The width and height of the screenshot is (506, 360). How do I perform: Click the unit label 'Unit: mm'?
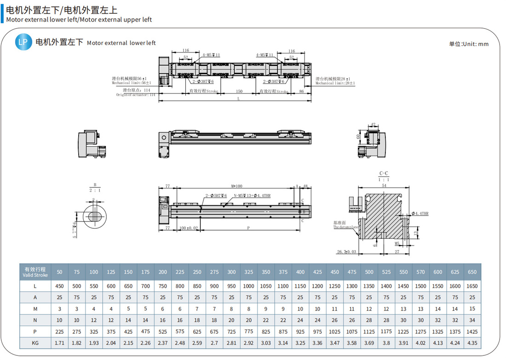coord(469,44)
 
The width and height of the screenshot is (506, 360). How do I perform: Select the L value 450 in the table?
coord(59,286)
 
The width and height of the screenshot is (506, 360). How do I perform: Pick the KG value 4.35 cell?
coord(472,343)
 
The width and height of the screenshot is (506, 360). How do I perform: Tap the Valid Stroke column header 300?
coord(231,272)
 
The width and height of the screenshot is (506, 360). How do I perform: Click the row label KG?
coord(35,343)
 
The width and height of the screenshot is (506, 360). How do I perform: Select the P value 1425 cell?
coord(472,331)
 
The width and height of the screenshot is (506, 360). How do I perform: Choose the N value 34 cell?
coord(472,320)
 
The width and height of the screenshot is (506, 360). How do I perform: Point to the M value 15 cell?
coord(472,309)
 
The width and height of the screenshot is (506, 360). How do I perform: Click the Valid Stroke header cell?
coord(35,272)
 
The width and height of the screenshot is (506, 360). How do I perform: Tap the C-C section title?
coord(384,174)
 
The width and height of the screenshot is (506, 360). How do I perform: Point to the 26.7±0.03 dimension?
coord(346,252)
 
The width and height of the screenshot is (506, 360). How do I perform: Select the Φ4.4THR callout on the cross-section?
coord(420,214)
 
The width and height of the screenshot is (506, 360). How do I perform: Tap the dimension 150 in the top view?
coord(239,91)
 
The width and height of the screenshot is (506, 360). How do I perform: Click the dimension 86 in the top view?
coord(302,91)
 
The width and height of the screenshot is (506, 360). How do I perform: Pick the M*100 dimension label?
coord(236,186)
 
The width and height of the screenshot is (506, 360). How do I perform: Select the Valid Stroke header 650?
coord(472,272)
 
